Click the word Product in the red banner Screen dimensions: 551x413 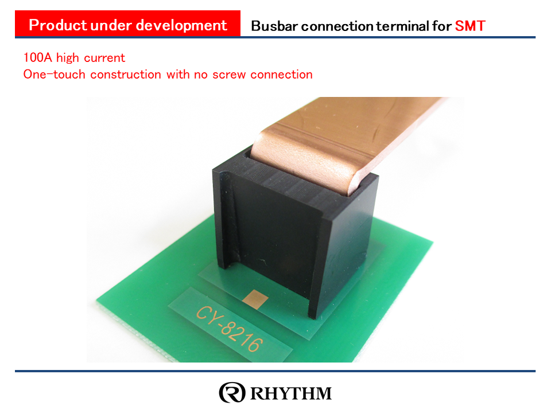click(57, 25)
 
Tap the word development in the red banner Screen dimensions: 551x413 click(181, 26)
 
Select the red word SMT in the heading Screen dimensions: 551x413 click(470, 26)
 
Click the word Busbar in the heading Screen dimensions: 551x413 click(274, 26)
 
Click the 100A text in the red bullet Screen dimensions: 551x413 click(37, 57)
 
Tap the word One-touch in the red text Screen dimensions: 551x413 click(54, 75)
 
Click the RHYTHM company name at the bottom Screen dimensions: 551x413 click(291, 393)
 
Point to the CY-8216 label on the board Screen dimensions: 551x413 click(230, 328)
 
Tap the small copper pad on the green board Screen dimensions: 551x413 click(255, 299)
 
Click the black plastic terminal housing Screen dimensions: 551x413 click(295, 232)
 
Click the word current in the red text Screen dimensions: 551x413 click(104, 58)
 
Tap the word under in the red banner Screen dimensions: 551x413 click(111, 25)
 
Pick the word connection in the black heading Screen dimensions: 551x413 click(337, 26)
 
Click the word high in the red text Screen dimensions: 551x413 click(68, 58)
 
